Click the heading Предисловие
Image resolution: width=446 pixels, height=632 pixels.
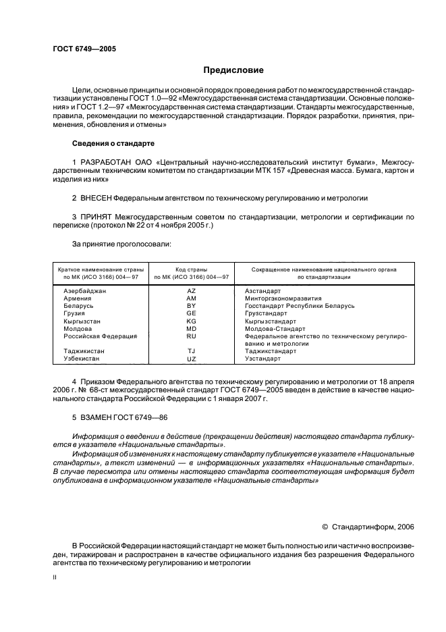coord(233,70)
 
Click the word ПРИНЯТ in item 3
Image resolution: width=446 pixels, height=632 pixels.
coord(96,217)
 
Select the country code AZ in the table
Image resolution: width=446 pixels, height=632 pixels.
coord(191,290)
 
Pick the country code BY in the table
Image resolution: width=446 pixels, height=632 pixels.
coord(191,305)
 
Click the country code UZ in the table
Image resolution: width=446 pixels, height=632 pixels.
coord(191,359)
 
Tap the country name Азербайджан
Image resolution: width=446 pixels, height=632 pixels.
coord(84,290)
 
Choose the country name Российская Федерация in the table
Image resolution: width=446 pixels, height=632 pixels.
coord(100,336)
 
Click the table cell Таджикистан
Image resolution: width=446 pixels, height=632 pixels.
coord(84,351)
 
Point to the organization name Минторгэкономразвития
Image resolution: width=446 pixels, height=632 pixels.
coord(283,298)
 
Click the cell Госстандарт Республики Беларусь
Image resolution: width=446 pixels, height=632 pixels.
coord(299,305)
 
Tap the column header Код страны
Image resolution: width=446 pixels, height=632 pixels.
coord(191,269)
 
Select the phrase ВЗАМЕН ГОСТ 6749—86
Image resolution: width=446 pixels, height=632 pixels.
coord(120,418)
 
